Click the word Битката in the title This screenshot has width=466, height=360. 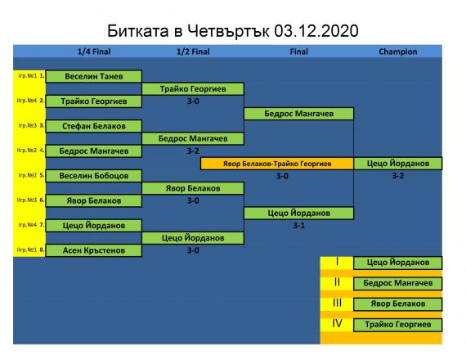(x=138, y=31)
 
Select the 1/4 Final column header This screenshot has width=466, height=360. (x=94, y=52)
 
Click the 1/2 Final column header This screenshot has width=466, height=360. (x=193, y=52)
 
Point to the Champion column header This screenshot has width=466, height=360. (x=398, y=52)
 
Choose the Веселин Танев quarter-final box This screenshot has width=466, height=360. (x=94, y=76)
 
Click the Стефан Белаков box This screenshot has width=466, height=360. (x=94, y=126)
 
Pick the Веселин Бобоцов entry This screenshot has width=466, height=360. (x=94, y=176)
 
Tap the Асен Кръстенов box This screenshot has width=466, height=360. (x=94, y=250)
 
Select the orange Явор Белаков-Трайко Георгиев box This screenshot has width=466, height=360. (x=277, y=164)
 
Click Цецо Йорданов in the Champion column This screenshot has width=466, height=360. (x=398, y=164)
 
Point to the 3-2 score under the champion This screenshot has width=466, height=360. (x=398, y=176)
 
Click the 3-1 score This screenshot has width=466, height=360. (x=299, y=226)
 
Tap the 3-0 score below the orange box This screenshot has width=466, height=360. (x=282, y=176)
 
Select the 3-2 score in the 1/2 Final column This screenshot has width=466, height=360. (x=193, y=151)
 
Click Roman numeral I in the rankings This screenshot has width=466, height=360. (x=337, y=262)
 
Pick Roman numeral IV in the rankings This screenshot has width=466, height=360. (x=337, y=323)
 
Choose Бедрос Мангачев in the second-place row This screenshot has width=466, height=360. (x=398, y=283)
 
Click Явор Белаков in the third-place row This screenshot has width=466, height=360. (x=398, y=304)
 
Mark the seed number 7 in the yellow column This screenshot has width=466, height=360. (x=42, y=225)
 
